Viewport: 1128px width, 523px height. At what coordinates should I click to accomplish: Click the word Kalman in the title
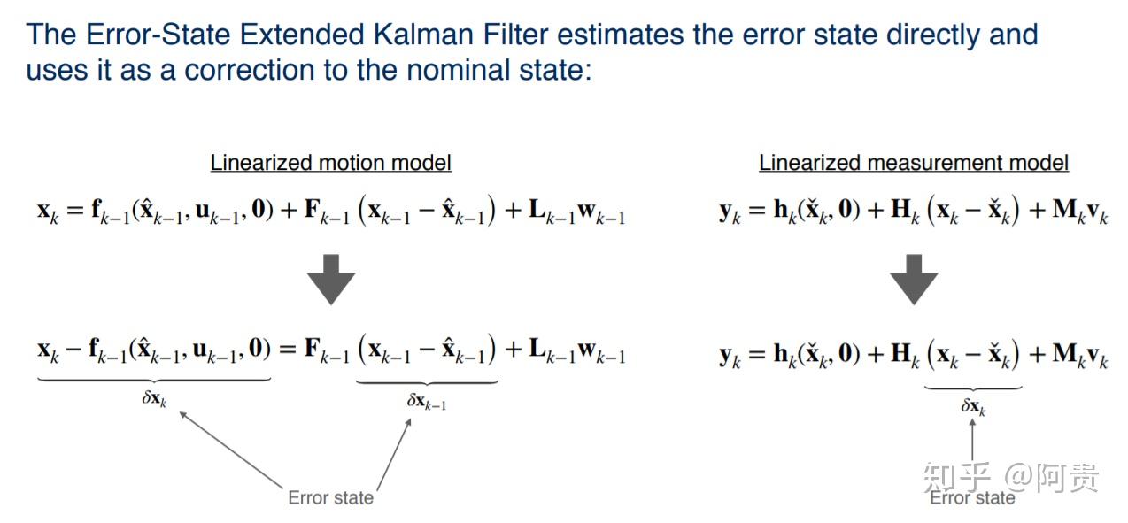pyautogui.click(x=423, y=35)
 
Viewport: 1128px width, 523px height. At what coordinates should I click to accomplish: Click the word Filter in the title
pyautogui.click(x=515, y=35)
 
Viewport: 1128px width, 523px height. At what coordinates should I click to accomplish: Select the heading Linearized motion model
pyautogui.click(x=330, y=163)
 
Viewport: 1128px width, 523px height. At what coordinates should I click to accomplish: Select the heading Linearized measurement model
pyautogui.click(x=914, y=163)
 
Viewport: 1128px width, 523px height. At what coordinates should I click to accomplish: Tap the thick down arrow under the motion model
pyautogui.click(x=331, y=280)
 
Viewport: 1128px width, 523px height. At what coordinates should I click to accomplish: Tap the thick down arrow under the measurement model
pyautogui.click(x=914, y=280)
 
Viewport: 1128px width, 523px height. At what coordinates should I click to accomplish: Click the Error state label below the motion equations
pyautogui.click(x=331, y=497)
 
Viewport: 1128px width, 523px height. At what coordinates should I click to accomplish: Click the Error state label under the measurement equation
pyautogui.click(x=972, y=497)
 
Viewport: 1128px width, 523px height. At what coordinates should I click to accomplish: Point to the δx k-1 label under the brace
pyautogui.click(x=427, y=402)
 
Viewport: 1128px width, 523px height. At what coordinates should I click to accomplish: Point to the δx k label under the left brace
pyautogui.click(x=154, y=399)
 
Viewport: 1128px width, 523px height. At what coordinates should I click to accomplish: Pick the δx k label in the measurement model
pyautogui.click(x=973, y=406)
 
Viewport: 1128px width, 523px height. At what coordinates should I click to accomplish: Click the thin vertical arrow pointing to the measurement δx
pyautogui.click(x=972, y=440)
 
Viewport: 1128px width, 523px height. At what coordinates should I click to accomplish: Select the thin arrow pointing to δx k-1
pyautogui.click(x=394, y=454)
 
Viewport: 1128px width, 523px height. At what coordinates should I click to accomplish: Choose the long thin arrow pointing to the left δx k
pyautogui.click(x=230, y=450)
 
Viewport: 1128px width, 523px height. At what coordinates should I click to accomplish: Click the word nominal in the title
pyautogui.click(x=459, y=69)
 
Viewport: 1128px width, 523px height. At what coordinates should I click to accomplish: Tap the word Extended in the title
pyautogui.click(x=301, y=35)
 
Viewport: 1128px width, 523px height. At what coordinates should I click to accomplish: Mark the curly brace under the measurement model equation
pyautogui.click(x=973, y=388)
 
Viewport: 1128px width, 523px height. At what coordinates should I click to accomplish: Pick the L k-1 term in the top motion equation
pyautogui.click(x=552, y=211)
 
